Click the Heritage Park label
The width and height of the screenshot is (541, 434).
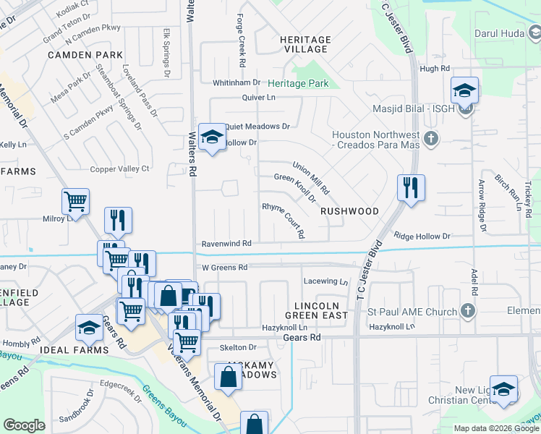pyautogui.click(x=298, y=84)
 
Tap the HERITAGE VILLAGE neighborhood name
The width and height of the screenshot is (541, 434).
pyautogui.click(x=307, y=44)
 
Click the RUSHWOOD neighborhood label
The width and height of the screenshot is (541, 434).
pyautogui.click(x=350, y=211)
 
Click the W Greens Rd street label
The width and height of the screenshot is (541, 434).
pyautogui.click(x=225, y=268)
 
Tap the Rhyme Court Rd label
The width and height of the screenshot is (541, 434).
pyautogui.click(x=284, y=219)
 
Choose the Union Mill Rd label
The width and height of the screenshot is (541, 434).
pyautogui.click(x=311, y=178)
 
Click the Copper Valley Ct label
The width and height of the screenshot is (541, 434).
pyautogui.click(x=119, y=169)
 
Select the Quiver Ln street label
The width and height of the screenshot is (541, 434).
pyautogui.click(x=259, y=98)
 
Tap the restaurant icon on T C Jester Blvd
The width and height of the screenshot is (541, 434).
pyautogui.click(x=411, y=188)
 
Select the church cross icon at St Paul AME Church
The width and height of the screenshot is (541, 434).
pyautogui.click(x=468, y=311)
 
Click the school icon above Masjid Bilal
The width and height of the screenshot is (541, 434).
pyautogui.click(x=464, y=91)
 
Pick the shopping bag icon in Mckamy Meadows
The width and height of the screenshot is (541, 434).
pyautogui.click(x=229, y=377)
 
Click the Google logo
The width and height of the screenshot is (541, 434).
pyautogui.click(x=24, y=425)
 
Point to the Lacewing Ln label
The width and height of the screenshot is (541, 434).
pyautogui.click(x=325, y=281)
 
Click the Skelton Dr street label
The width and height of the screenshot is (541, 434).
pyautogui.click(x=238, y=348)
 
